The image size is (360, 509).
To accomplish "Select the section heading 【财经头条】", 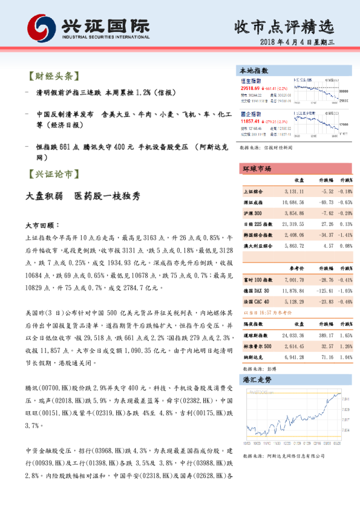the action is coord(53,77).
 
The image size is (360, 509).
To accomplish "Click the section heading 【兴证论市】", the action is coord(53,174).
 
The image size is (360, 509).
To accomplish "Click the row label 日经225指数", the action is coord(257,223).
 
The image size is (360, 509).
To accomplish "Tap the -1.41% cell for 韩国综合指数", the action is coord(345,234).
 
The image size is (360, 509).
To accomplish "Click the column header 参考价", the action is coord(296,268).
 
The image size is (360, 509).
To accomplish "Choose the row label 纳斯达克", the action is coord(254,357).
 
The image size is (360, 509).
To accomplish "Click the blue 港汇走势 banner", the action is coord(257,380).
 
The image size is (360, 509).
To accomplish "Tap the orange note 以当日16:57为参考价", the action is coord(267,313).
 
